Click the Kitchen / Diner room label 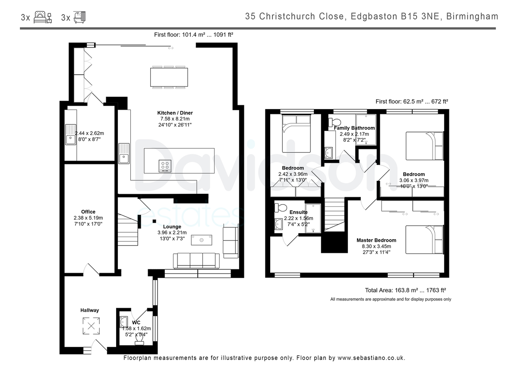[175, 113]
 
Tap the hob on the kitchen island [165, 166]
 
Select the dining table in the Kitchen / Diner [169, 77]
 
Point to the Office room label [88, 211]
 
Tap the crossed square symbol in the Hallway [92, 326]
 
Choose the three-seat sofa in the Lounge [196, 261]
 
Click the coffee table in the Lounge [202, 240]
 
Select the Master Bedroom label [376, 240]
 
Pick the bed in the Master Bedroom [424, 240]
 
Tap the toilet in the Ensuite [281, 208]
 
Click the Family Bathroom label [354, 128]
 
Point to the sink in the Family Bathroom [328, 153]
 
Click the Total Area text [405, 290]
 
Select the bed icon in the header [43, 17]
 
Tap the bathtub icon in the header [79, 17]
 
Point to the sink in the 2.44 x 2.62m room [70, 135]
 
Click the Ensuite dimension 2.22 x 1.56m [299, 218]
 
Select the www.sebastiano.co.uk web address [371, 358]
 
